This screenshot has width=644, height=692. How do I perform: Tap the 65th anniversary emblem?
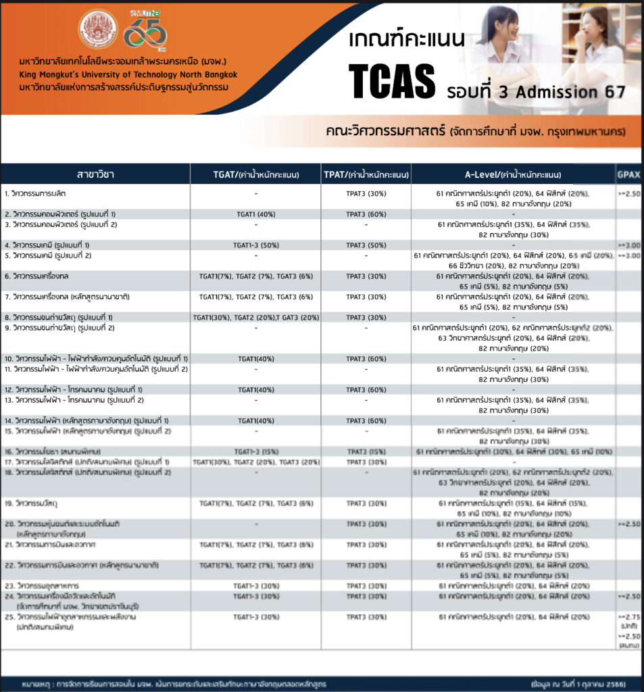tap(145, 30)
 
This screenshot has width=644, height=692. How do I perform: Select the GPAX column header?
tap(628, 174)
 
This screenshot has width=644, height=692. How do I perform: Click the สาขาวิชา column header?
tap(95, 174)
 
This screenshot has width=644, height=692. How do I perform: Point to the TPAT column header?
tap(367, 174)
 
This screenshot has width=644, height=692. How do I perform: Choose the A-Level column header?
tap(513, 174)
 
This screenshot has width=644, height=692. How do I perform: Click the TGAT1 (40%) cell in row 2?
tap(255, 214)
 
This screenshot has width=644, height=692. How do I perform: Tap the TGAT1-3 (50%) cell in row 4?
tap(255, 245)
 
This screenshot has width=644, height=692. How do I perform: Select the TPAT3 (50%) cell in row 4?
tap(366, 245)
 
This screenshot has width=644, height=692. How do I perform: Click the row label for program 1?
tap(41, 193)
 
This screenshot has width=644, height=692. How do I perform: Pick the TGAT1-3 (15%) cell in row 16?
tap(256, 451)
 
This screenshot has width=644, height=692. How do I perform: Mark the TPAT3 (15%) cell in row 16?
tap(366, 451)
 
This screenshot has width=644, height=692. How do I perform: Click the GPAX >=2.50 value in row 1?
tap(628, 193)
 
